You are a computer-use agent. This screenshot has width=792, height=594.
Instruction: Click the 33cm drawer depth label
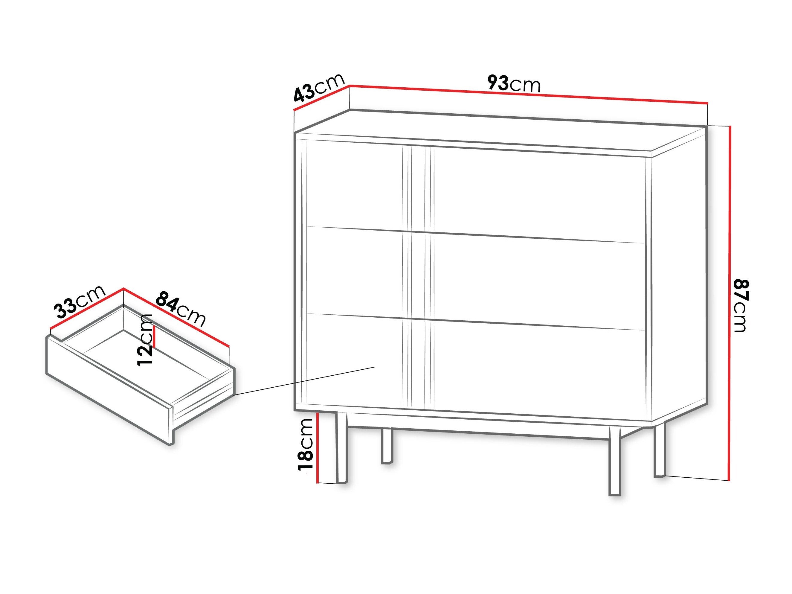80,301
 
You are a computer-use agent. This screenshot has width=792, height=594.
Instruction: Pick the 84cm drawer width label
181,308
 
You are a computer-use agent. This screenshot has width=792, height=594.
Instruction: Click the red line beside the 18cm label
318,448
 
